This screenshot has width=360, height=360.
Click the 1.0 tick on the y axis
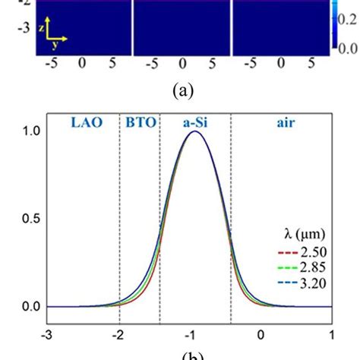click(x=31, y=131)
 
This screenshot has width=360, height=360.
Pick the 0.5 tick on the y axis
click(x=31, y=219)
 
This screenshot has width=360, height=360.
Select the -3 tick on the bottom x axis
click(x=47, y=333)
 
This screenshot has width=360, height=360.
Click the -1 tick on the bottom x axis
click(x=190, y=333)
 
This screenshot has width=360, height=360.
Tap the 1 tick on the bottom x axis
click(x=331, y=333)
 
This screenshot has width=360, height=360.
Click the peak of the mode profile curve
click(x=195, y=131)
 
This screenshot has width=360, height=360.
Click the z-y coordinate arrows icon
click(x=54, y=31)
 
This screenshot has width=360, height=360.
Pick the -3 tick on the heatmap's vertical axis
click(x=26, y=24)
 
